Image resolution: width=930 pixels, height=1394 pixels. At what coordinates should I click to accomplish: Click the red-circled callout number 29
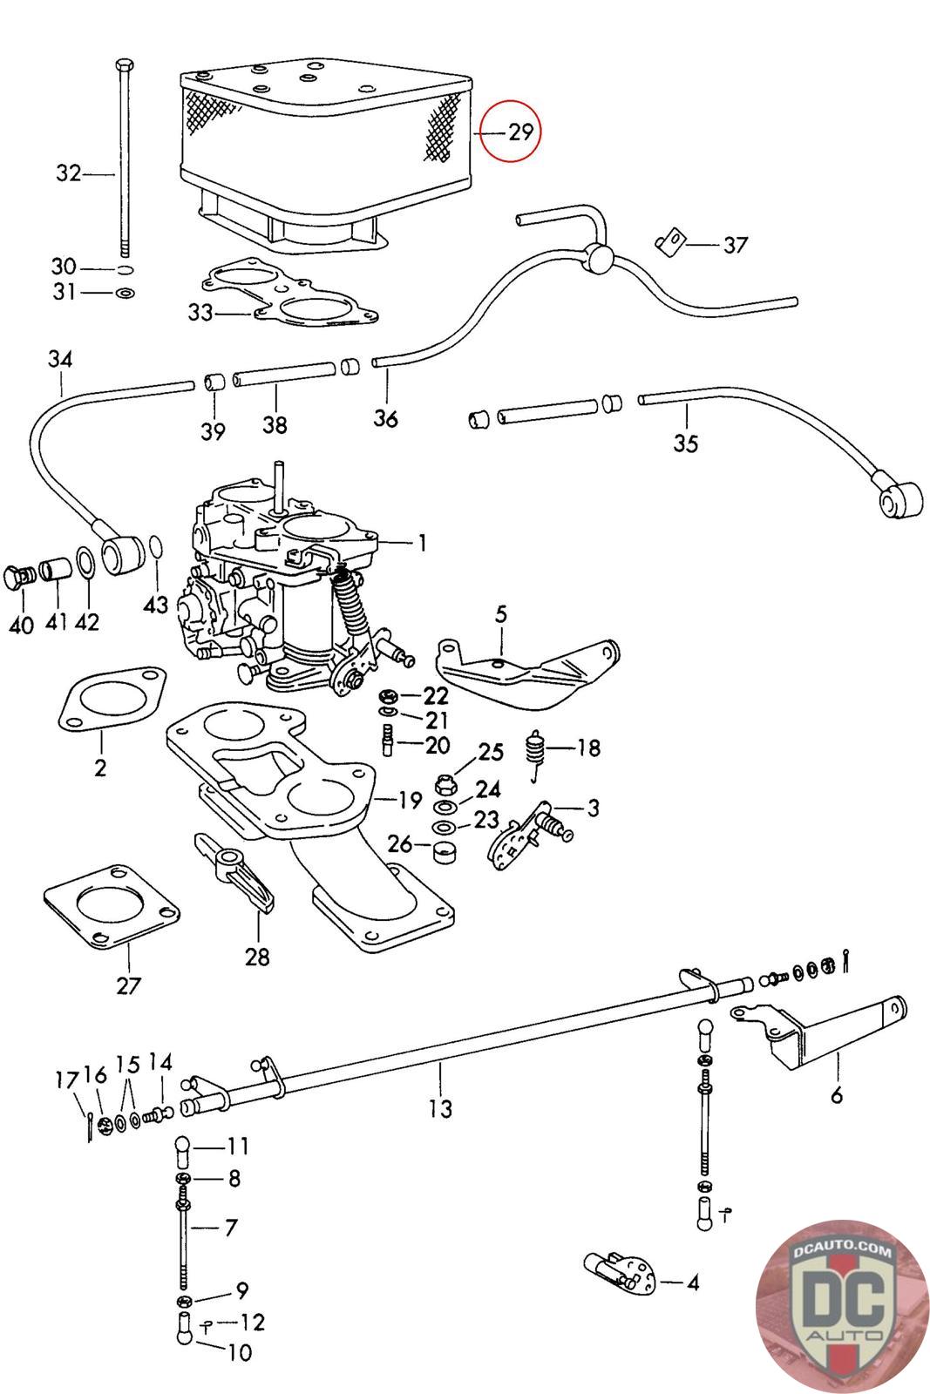click(519, 133)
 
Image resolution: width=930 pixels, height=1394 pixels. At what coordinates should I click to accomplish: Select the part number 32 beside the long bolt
click(68, 173)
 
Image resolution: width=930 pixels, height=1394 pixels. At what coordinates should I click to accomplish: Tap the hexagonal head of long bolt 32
click(123, 65)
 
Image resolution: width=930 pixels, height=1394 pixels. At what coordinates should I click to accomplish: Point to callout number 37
click(735, 245)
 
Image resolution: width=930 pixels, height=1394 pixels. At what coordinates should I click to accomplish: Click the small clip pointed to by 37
click(669, 240)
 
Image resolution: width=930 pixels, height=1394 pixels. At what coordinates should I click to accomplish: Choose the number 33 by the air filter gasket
click(200, 312)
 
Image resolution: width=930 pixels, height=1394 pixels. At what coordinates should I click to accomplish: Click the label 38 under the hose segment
click(275, 425)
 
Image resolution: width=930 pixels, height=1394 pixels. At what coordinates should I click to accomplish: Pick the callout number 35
click(686, 443)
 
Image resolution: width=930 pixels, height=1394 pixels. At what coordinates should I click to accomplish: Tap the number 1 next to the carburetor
click(422, 544)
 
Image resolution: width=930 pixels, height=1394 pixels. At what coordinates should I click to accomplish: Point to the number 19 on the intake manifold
click(410, 800)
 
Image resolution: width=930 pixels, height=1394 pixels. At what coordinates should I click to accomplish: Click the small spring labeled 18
click(537, 749)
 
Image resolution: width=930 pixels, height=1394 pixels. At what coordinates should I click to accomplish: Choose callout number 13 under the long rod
click(441, 1108)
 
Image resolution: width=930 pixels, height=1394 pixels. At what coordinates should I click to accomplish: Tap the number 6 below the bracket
click(837, 1095)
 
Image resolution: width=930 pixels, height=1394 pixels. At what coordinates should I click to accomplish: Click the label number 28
click(257, 956)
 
